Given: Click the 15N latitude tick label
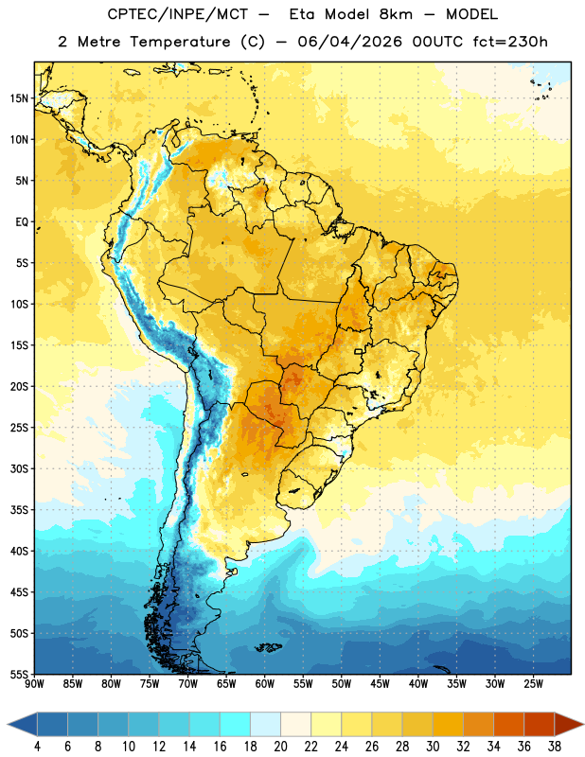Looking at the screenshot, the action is click(x=19, y=98).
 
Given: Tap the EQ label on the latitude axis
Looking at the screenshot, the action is click(x=22, y=222).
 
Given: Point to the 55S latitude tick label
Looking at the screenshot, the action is click(x=19, y=675).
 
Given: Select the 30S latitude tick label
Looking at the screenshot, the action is click(x=19, y=468).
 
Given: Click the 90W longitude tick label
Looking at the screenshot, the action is click(x=34, y=684).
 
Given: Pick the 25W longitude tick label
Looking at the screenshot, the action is click(x=533, y=684).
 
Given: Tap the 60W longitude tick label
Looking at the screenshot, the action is click(x=265, y=684).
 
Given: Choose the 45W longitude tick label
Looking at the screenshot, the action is click(x=380, y=684).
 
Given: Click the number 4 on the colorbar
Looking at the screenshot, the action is click(x=37, y=747).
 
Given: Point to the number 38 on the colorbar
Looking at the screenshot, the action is click(x=555, y=747).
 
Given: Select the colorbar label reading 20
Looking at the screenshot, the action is click(x=280, y=747).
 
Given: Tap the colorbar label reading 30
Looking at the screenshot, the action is click(x=433, y=747).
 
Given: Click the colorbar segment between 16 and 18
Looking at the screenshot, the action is click(x=235, y=724).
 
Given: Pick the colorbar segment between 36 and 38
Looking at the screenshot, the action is click(x=540, y=724).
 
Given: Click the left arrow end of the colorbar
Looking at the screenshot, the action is click(x=22, y=724).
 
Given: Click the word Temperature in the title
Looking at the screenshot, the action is click(x=180, y=42).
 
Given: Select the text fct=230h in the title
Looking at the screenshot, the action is click(x=510, y=42).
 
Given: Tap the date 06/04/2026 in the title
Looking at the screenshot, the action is click(x=349, y=42).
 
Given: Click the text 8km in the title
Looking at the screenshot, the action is click(x=396, y=14).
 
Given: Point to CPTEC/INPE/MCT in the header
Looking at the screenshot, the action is click(x=178, y=14).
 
